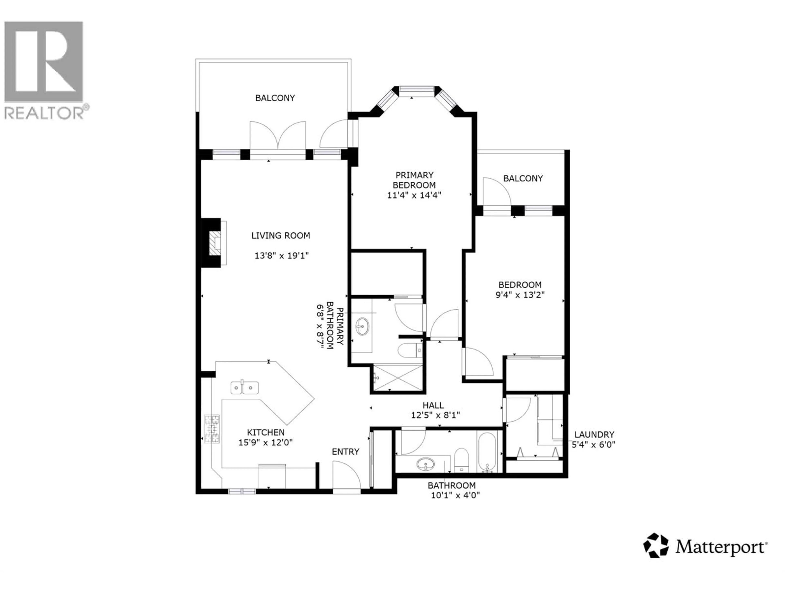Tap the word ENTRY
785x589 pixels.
345,452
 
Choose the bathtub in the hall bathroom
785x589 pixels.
487,452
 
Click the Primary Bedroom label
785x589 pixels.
414,180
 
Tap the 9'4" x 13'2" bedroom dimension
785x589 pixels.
520,295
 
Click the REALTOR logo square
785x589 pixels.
44,61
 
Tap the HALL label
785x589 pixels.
433,405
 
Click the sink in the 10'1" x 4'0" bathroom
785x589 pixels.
425,464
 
